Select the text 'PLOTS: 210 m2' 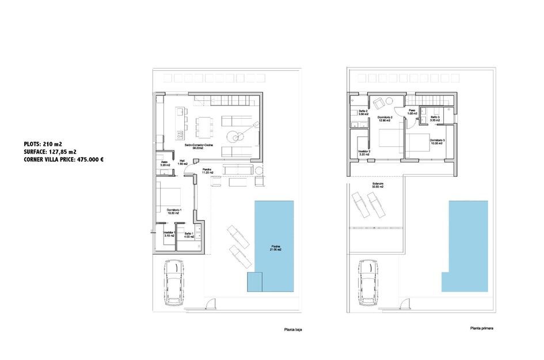(44, 144)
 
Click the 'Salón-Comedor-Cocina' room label (199, 147)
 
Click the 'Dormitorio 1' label (174, 211)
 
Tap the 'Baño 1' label (189, 234)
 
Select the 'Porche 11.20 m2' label (207, 171)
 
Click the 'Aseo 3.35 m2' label (165, 164)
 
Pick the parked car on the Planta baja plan (174, 282)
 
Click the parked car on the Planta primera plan (368, 282)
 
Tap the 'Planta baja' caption (292, 330)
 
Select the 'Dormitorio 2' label (385, 119)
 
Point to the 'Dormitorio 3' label (437, 141)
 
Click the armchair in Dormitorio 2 (379, 104)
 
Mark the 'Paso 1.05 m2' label (412, 112)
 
